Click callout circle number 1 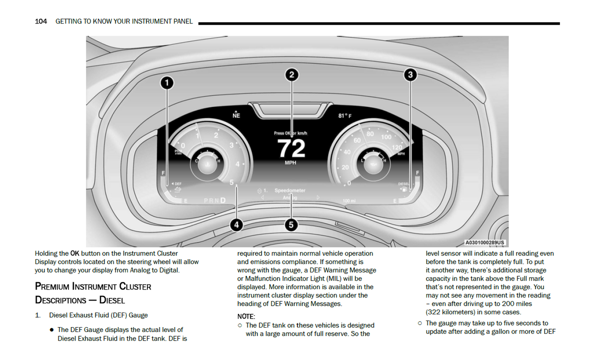click(167, 83)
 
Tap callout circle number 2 click(292, 74)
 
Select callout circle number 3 click(410, 74)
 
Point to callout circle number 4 click(236, 225)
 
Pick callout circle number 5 click(291, 225)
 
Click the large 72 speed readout click(291, 148)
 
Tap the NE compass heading click(236, 116)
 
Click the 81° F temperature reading click(345, 116)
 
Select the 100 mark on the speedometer click(386, 137)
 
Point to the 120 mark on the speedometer click(397, 147)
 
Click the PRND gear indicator click(215, 200)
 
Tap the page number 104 click(41, 21)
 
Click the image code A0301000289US click(485, 243)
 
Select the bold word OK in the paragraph click(75, 253)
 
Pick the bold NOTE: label click(246, 316)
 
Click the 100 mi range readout click(349, 201)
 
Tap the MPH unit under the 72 click(290, 163)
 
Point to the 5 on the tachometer click(231, 182)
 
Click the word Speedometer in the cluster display click(290, 190)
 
